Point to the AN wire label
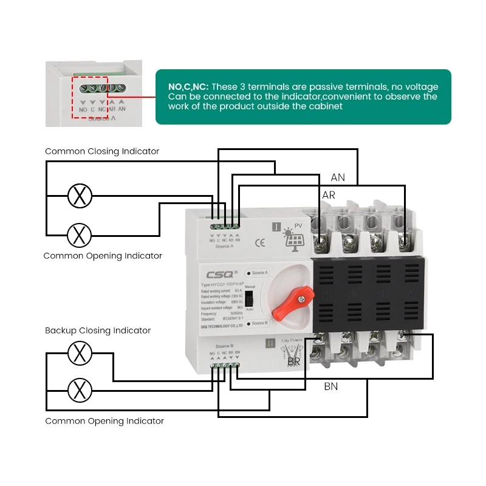338,177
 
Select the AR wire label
328,196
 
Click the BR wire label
294,362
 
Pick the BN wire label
330,386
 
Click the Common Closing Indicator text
102,151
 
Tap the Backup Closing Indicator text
98,330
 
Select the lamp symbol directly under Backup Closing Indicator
79,353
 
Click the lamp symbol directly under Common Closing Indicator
79,196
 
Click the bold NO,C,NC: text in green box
188,87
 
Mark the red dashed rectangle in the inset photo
89,97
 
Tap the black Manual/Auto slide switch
248,300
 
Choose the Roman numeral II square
271,343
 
